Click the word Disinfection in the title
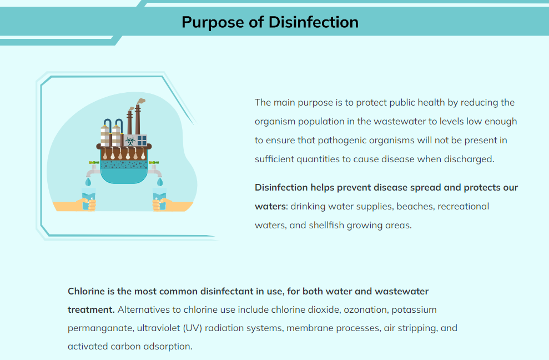(314, 22)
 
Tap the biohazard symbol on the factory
(130, 141)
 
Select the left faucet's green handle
(94, 162)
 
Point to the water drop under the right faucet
(160, 182)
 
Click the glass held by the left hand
(88, 199)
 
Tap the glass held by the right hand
(160, 199)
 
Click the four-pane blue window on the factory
(142, 141)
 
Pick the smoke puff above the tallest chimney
(141, 101)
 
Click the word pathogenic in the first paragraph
(342, 141)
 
